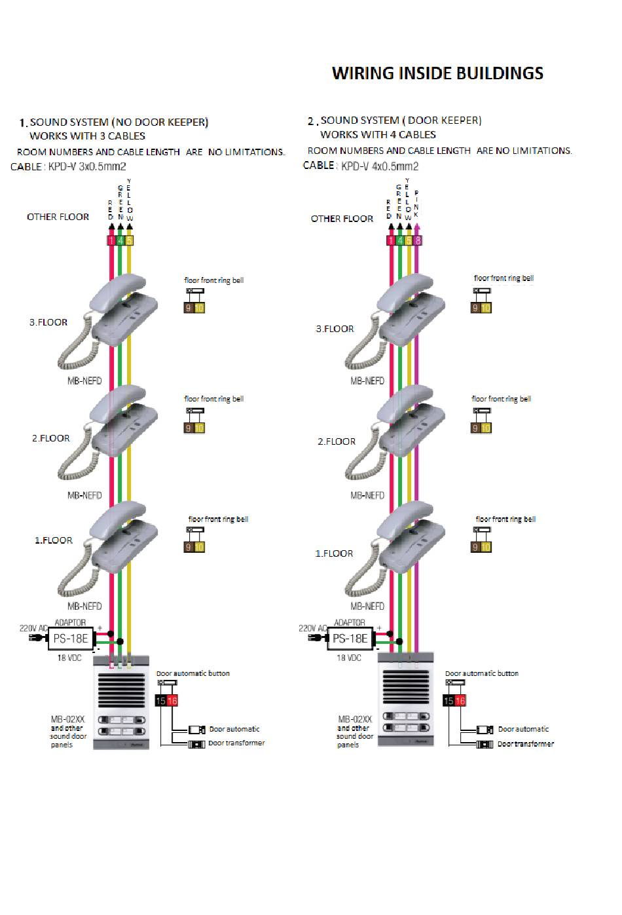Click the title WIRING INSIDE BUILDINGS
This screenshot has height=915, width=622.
tap(437, 73)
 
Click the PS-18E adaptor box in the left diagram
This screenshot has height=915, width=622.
tap(71, 639)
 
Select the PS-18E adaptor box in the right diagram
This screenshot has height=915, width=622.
tap(350, 639)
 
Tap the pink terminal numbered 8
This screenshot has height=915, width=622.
tap(418, 240)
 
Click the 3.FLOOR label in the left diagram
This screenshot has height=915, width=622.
tap(48, 322)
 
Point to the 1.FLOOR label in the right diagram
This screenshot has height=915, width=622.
tap(334, 553)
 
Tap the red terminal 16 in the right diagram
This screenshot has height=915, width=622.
tap(460, 701)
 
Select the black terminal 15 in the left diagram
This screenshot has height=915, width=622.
tap(161, 701)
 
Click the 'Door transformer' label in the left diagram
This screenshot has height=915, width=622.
tap(236, 743)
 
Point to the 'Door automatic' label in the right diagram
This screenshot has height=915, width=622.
tap(523, 729)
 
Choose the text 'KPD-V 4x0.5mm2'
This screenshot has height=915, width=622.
tap(379, 166)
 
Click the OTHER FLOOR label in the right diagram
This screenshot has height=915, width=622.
tap(342, 219)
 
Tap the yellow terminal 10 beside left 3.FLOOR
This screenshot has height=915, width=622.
tap(200, 308)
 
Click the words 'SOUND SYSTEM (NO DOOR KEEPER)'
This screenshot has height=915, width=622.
tap(119, 122)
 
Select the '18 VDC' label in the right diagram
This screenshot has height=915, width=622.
tap(348, 658)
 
